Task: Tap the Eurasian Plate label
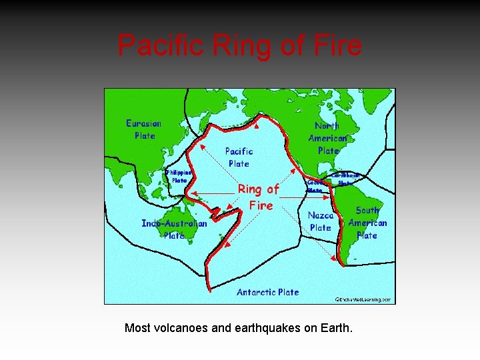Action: point(144,129)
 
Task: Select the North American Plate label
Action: point(327,138)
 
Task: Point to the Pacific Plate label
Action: point(239,157)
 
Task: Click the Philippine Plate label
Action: point(179,176)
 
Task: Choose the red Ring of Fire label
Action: point(259,197)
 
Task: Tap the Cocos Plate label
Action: point(316,186)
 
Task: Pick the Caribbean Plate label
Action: point(345,179)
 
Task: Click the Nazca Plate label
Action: point(321,221)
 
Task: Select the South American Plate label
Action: point(367,223)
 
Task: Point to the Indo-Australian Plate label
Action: point(174,229)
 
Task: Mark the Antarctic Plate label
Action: point(268,292)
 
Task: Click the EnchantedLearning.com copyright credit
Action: point(363,300)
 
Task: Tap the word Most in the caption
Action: point(137,329)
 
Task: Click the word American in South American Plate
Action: point(367,223)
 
